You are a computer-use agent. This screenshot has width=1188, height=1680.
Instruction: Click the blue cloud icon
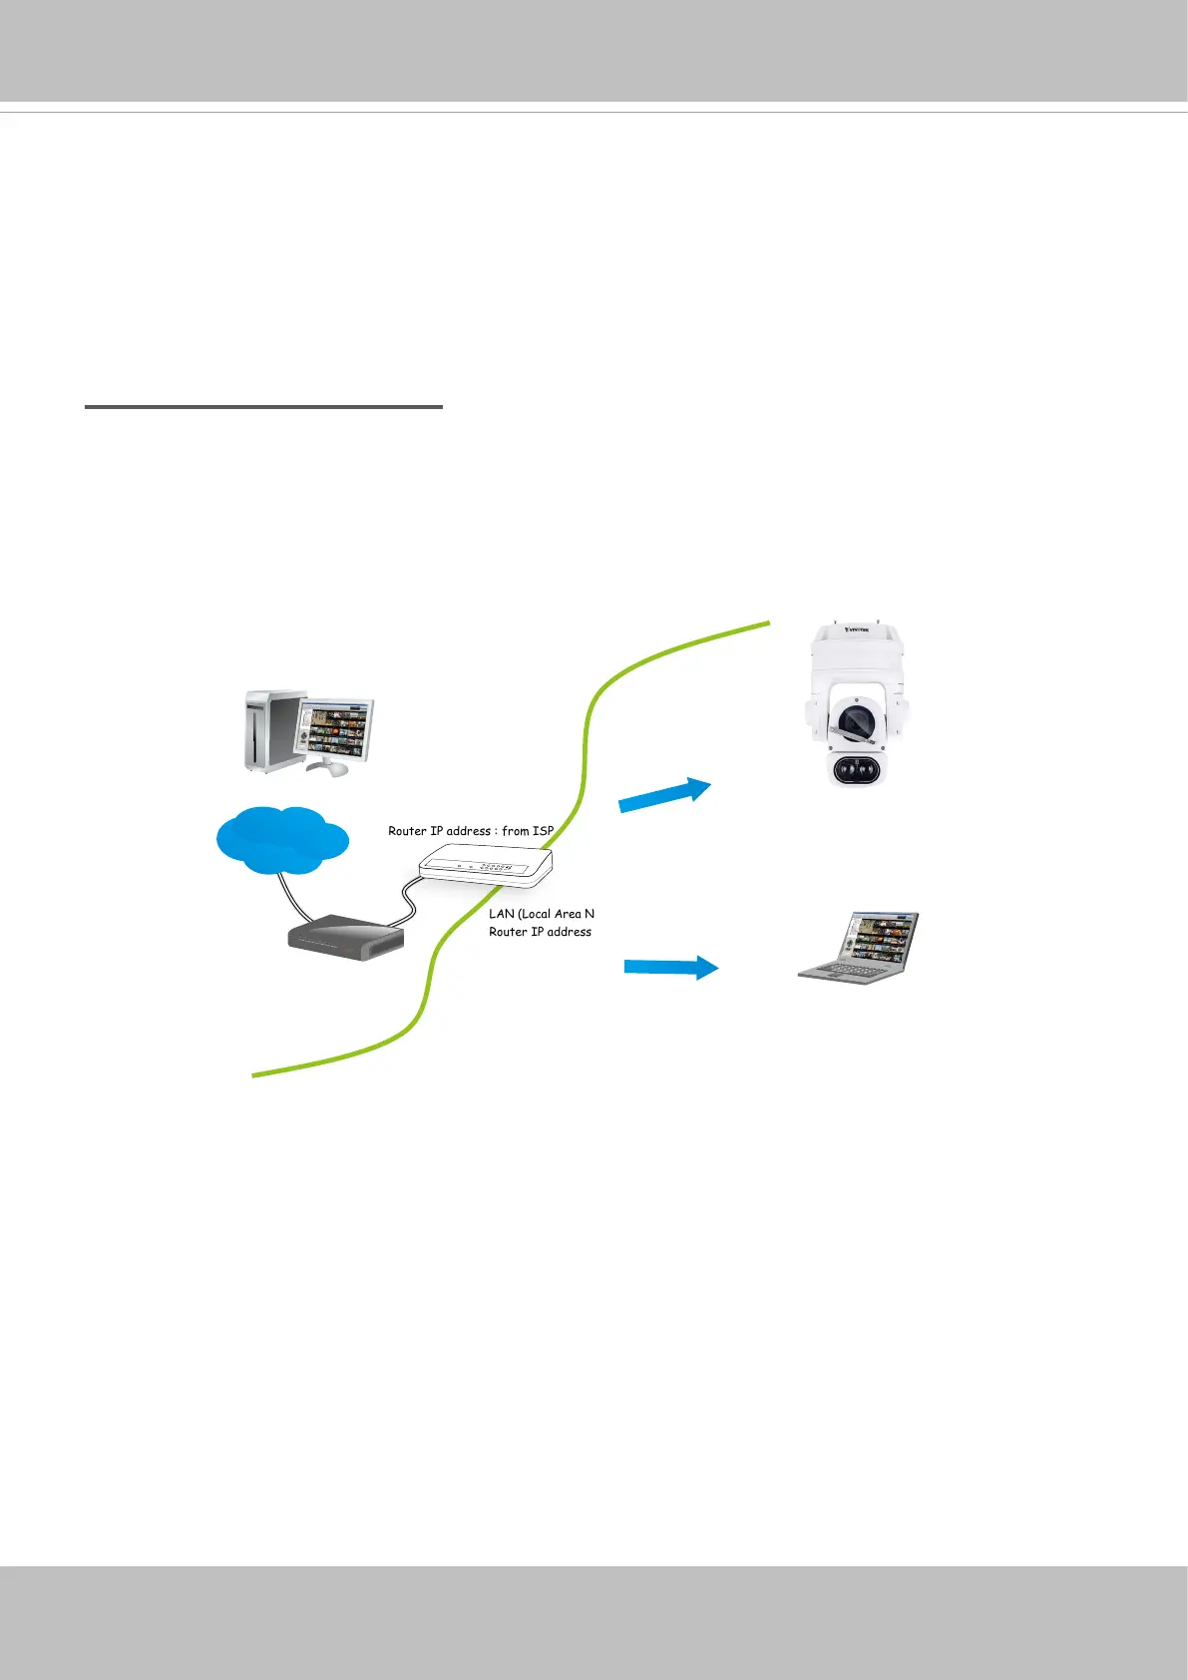pos(282,838)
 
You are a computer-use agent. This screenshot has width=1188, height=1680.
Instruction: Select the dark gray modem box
pos(346,939)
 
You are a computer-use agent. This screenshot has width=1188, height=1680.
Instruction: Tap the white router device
pos(486,864)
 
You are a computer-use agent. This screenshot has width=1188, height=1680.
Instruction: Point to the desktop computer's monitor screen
pos(336,729)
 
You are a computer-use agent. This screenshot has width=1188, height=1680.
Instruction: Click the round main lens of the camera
pos(856,720)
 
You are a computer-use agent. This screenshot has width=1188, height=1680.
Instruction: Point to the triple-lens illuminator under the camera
pos(857,770)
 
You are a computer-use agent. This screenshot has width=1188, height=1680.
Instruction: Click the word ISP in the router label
pos(543,830)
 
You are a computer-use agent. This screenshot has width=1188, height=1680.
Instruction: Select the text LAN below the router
pos(501,914)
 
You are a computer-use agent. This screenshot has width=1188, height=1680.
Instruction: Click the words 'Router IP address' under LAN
pos(540,932)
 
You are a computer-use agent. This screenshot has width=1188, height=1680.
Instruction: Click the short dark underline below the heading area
pos(263,407)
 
